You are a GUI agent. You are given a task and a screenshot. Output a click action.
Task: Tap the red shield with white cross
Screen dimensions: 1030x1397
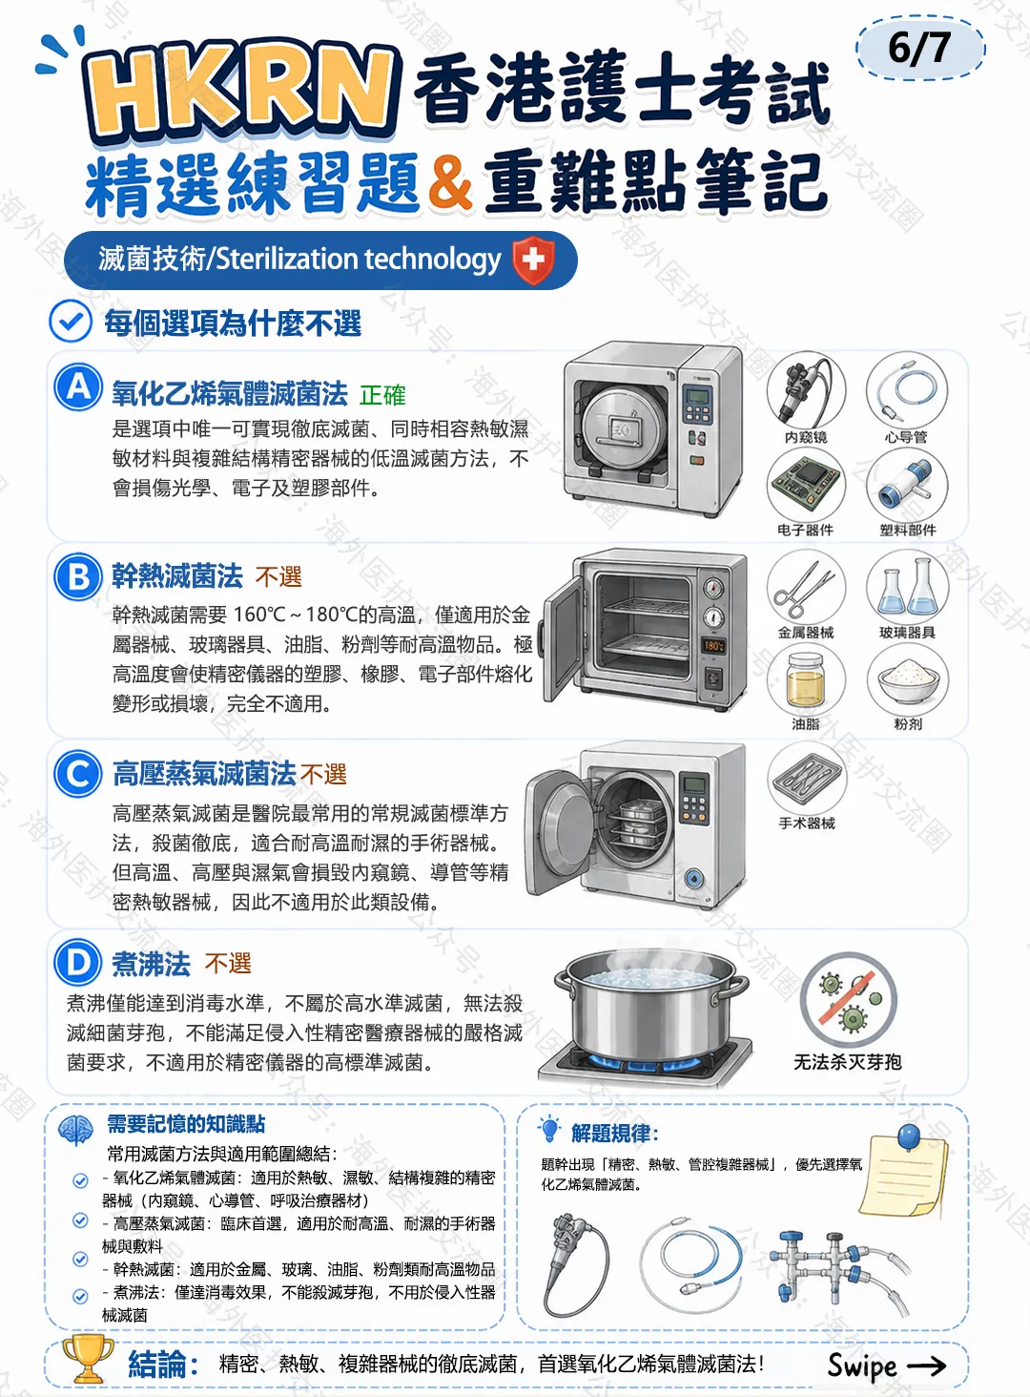[x=533, y=261]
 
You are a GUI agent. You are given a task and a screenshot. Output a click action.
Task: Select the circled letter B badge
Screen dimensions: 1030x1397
[x=78, y=576]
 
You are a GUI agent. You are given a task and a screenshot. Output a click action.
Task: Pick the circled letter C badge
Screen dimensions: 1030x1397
[x=78, y=774]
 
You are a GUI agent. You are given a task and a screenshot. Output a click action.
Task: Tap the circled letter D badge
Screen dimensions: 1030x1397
[x=78, y=962]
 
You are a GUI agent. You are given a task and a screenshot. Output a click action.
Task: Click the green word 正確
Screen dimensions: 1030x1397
[x=382, y=395]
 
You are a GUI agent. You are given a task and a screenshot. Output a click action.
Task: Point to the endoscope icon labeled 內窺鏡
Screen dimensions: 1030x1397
[x=806, y=389]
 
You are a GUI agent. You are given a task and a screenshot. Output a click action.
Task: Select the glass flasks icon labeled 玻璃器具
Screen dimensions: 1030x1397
[x=907, y=588]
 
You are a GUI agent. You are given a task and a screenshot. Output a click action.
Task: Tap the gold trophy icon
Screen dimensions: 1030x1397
[x=88, y=1358]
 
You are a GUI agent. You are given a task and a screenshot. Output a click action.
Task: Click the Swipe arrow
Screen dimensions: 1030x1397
[x=926, y=1366]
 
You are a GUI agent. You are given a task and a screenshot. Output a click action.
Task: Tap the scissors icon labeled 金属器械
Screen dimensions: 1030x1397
[x=806, y=588]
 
